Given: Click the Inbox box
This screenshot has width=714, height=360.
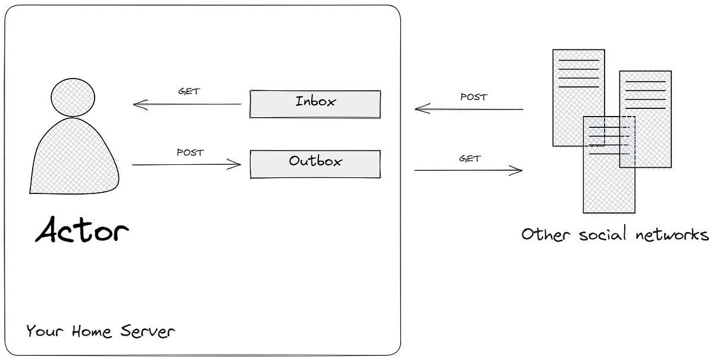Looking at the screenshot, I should coord(315,104).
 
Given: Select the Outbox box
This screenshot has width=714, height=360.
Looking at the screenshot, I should coord(315,164).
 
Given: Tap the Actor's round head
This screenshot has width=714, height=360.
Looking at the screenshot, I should coord(73,97).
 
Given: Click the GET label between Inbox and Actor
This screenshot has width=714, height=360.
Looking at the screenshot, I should coord(189,92).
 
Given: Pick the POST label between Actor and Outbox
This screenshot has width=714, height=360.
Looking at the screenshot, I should coord(190,152).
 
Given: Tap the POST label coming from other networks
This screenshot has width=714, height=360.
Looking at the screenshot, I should coord(474,96).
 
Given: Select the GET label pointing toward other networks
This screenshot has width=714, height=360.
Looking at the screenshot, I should coord(470,159).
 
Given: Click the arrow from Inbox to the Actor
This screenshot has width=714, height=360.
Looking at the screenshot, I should coord(187,105).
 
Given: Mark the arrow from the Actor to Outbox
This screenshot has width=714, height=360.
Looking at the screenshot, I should coord(187,165).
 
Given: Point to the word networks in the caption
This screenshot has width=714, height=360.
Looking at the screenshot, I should coord(672,234).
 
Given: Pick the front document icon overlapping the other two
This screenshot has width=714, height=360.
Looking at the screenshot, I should coord(609,179).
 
